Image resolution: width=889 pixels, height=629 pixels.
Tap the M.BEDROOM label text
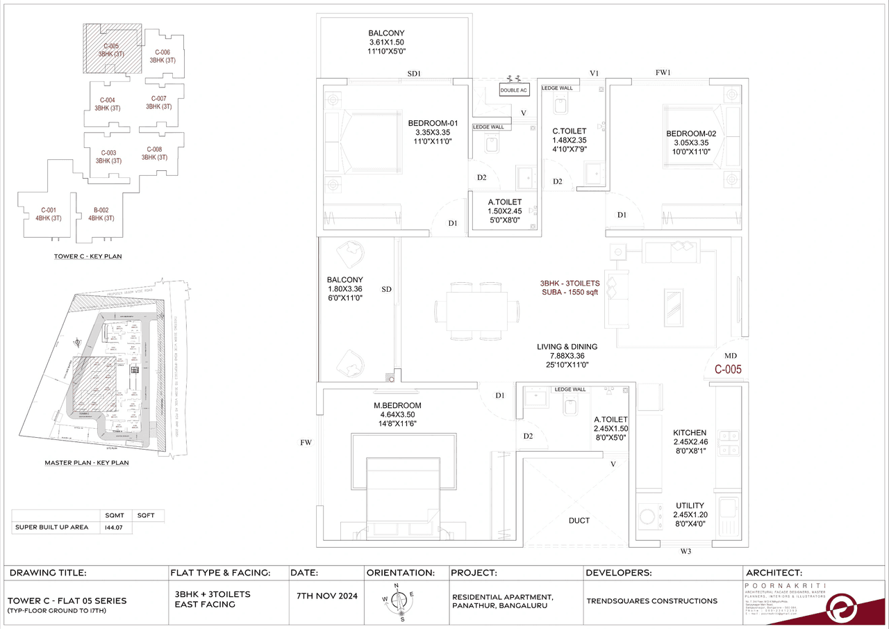pyautogui.click(x=397, y=405)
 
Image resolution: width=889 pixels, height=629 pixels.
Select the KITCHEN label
pyautogui.click(x=689, y=432)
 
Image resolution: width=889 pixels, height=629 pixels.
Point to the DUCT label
pyautogui.click(x=579, y=521)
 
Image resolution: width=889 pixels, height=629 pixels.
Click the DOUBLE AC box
pyautogui.click(x=514, y=90)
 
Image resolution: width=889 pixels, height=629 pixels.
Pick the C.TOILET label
pyautogui.click(x=569, y=131)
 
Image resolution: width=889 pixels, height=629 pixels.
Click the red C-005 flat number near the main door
pyautogui.click(x=729, y=370)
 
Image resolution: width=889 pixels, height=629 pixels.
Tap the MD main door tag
pyautogui.click(x=731, y=354)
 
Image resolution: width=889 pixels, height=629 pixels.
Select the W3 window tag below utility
pyautogui.click(x=686, y=552)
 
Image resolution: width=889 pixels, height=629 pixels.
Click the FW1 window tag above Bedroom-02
pyautogui.click(x=663, y=72)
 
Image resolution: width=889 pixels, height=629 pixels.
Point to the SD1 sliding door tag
pyautogui.click(x=415, y=73)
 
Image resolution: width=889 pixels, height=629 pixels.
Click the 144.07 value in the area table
pyautogui.click(x=115, y=528)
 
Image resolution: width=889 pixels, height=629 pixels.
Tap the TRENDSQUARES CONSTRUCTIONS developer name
pyautogui.click(x=651, y=601)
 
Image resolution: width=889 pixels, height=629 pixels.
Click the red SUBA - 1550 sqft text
pyautogui.click(x=570, y=293)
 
